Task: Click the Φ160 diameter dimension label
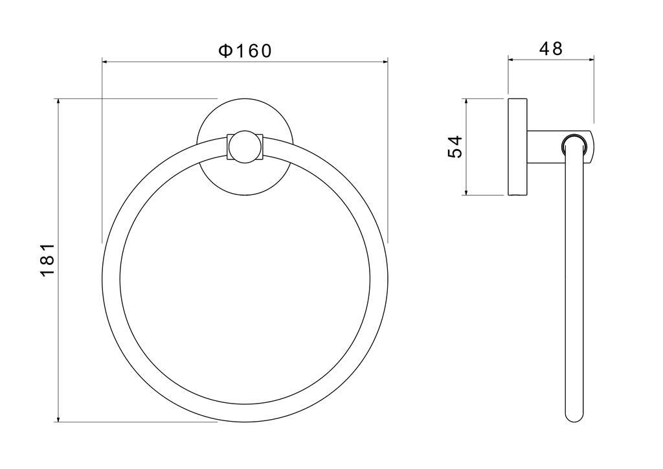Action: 244,51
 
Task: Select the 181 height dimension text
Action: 47,260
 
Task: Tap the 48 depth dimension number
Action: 551,49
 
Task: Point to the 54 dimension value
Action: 455,147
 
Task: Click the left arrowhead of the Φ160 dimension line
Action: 106,62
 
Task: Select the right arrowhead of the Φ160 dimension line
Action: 385,62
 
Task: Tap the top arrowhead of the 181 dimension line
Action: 58,102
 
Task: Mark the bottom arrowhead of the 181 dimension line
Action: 58,418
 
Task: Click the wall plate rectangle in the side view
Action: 517,147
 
